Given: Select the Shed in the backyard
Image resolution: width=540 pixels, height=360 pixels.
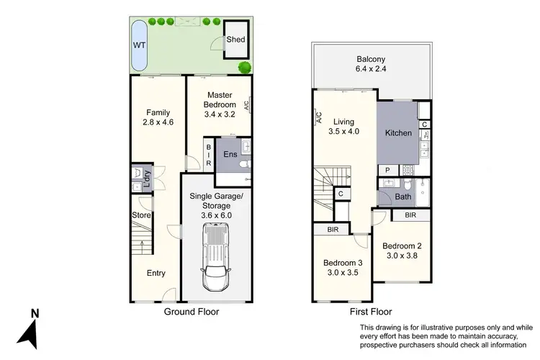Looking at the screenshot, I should (x=235, y=40).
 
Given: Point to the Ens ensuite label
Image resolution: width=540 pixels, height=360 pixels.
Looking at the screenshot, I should (x=230, y=155).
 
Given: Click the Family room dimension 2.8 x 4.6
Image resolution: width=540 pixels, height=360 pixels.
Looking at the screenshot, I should (x=158, y=123).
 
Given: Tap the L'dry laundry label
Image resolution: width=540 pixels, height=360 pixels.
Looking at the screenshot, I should (x=147, y=177).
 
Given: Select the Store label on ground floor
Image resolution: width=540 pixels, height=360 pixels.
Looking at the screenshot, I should (x=140, y=215).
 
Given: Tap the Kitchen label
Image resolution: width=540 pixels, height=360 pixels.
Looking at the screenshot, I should (x=398, y=132).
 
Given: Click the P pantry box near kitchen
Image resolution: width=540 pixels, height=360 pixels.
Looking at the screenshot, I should (x=387, y=171).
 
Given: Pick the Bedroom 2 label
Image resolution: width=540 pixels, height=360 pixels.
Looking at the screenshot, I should (x=402, y=246).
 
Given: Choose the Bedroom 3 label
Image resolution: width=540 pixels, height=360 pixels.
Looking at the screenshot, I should (x=342, y=263).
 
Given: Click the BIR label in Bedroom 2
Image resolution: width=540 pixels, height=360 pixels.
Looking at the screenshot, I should (x=410, y=215).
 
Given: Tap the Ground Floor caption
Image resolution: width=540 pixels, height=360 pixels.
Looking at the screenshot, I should (x=191, y=312).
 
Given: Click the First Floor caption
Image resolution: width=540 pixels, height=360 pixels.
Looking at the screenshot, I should (x=372, y=312).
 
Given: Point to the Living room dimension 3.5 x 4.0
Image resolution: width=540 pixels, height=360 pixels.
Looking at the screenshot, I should (x=343, y=132).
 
